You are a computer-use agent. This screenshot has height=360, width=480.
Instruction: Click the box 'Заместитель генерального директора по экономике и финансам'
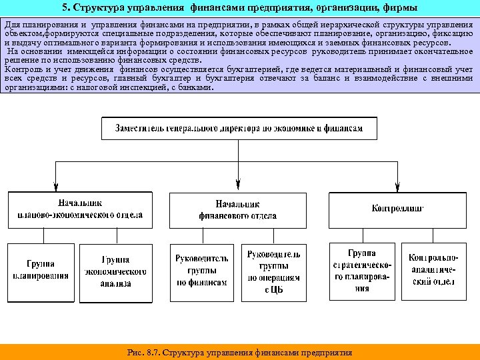239,128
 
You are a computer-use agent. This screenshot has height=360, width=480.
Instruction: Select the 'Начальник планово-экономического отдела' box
79,209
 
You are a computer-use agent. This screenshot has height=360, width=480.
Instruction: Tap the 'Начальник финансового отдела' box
238,209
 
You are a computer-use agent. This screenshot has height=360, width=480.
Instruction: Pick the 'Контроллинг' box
397,209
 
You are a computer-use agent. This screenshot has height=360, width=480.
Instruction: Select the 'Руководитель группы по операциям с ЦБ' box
274,272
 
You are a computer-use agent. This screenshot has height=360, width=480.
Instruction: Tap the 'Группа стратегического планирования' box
362,271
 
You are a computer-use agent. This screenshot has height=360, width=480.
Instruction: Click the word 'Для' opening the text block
12,25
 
